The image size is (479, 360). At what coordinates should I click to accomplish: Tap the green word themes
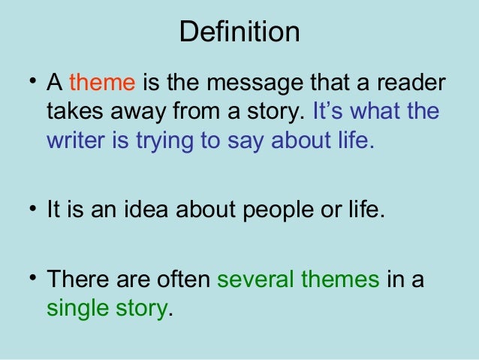click(x=340, y=279)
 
